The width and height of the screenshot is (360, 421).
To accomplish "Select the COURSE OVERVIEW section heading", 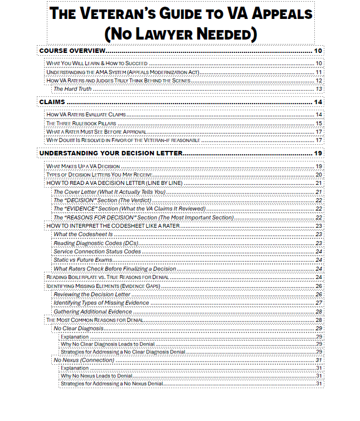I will click(x=72, y=51).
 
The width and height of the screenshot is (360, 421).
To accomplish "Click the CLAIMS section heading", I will click(x=52, y=101).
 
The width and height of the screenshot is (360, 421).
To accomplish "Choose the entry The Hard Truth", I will click(x=72, y=89).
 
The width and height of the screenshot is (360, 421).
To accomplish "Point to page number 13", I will click(x=319, y=89).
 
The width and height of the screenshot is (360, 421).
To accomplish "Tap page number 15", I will click(x=319, y=123).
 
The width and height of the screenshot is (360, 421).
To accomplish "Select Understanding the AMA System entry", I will click(x=123, y=72).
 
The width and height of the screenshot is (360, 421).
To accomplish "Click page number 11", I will click(x=319, y=72).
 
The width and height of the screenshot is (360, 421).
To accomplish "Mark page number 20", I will click(x=319, y=174).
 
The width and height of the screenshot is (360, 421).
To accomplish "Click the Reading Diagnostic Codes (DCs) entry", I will click(x=96, y=243).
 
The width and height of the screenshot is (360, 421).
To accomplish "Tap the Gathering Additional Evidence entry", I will click(x=93, y=311).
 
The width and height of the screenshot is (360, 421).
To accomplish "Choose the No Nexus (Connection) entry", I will click(x=84, y=360).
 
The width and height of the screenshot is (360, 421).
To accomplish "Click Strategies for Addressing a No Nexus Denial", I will click(x=112, y=383).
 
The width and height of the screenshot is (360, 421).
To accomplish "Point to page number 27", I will click(x=319, y=302).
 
